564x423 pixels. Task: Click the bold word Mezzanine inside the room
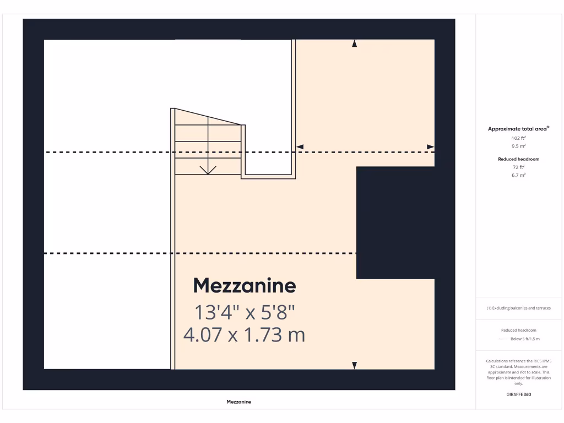pyautogui.click(x=244, y=286)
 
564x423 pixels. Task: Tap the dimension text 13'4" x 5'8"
pyautogui.click(x=245, y=313)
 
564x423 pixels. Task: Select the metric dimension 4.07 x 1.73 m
pyautogui.click(x=244, y=334)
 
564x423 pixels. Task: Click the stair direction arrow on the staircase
pyautogui.click(x=208, y=169)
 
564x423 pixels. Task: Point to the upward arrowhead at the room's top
pyautogui.click(x=354, y=44)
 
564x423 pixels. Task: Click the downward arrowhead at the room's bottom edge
pyautogui.click(x=354, y=365)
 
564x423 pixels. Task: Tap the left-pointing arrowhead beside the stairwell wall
pyautogui.click(x=300, y=147)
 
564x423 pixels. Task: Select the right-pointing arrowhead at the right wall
pyautogui.click(x=430, y=147)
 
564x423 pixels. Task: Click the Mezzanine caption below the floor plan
pyautogui.click(x=238, y=402)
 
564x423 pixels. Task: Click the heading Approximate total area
pyautogui.click(x=518, y=129)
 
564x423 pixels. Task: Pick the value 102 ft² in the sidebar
pyautogui.click(x=518, y=138)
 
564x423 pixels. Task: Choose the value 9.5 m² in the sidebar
pyautogui.click(x=518, y=147)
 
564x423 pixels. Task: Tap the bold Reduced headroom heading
pyautogui.click(x=518, y=159)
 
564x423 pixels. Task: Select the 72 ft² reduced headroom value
pyautogui.click(x=518, y=167)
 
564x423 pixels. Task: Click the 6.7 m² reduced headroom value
pyautogui.click(x=518, y=175)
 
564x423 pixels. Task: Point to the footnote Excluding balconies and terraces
pyautogui.click(x=518, y=308)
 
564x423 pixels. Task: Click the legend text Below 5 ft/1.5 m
pyautogui.click(x=525, y=339)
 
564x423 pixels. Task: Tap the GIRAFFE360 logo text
pyautogui.click(x=518, y=394)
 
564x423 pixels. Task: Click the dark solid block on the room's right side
pyautogui.click(x=395, y=223)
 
